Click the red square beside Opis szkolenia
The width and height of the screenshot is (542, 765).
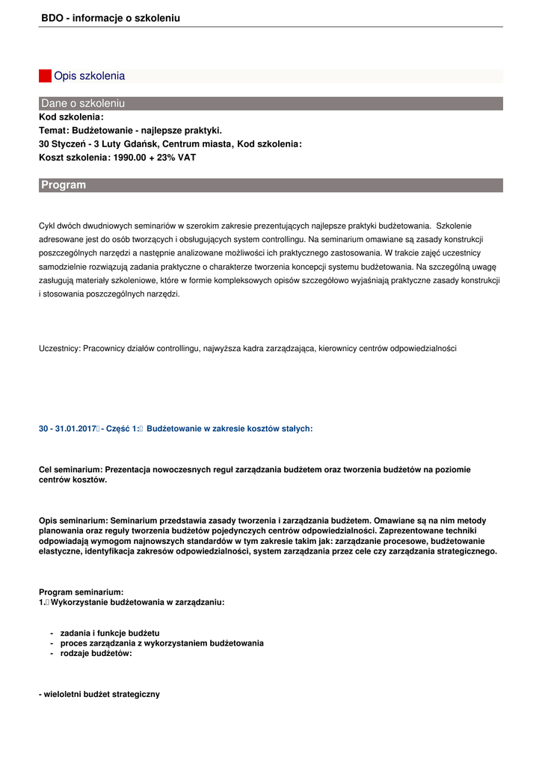45,75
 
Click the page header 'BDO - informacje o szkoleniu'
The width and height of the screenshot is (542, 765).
111,18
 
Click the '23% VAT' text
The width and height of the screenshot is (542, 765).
179,158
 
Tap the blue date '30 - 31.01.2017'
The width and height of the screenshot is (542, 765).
67,429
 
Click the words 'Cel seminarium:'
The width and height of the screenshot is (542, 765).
70,470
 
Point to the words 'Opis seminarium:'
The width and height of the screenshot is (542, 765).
73,521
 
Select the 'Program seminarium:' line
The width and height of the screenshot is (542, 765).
81,592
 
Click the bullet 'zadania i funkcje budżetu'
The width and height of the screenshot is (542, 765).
109,633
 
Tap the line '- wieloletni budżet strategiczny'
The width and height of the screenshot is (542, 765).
99,694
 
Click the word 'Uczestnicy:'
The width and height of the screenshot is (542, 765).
60,348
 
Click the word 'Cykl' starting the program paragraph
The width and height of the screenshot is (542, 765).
46,226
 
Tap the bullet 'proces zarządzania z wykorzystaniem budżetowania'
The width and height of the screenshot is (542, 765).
161,643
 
